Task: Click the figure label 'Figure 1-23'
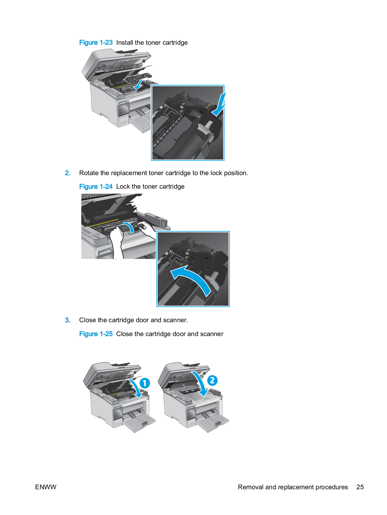point(96,42)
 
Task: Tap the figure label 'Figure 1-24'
point(96,186)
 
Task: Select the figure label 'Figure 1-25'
point(96,334)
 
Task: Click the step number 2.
point(68,173)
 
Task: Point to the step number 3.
point(68,320)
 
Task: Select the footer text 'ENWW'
point(46,487)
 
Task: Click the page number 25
point(360,487)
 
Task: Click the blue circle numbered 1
point(145,383)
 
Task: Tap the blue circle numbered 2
point(212,380)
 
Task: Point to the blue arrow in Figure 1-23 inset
point(219,105)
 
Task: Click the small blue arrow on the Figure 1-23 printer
point(139,85)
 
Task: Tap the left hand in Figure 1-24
point(117,242)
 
